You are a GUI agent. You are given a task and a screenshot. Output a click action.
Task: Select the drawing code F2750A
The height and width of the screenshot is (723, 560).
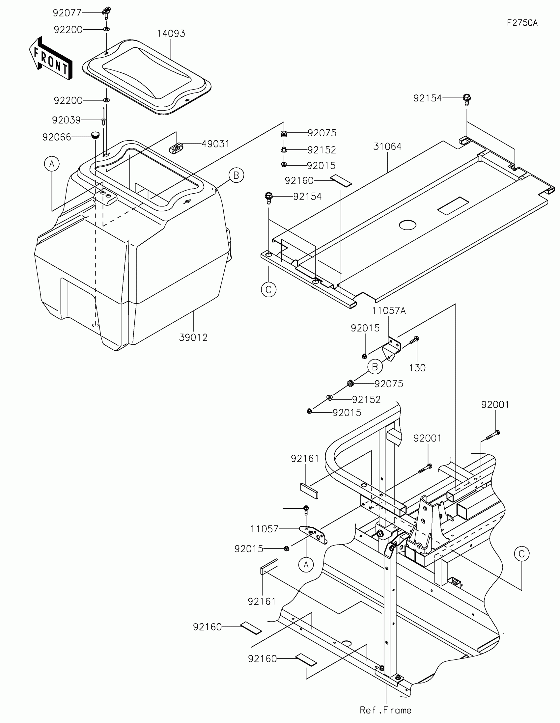pyautogui.click(x=522, y=23)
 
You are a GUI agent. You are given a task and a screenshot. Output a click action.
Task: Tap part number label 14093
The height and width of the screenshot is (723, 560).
pyautogui.click(x=171, y=34)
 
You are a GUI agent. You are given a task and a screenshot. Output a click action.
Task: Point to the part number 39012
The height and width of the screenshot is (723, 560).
pyautogui.click(x=193, y=337)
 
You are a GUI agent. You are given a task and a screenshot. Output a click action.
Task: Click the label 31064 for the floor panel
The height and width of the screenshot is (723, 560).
pyautogui.click(x=387, y=146)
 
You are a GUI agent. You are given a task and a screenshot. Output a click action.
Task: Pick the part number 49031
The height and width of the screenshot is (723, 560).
pyautogui.click(x=215, y=144)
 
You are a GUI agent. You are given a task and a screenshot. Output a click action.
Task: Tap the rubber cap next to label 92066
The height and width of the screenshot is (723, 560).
pyautogui.click(x=96, y=135)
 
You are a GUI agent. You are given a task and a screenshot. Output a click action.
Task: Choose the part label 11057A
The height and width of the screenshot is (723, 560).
pyautogui.click(x=389, y=310)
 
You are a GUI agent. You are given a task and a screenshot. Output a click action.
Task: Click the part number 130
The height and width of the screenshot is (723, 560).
pyautogui.click(x=417, y=368)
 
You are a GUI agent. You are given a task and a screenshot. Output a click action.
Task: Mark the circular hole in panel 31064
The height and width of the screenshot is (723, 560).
pyautogui.click(x=407, y=225)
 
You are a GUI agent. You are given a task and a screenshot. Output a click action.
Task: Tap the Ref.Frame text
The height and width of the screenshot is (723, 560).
pyautogui.click(x=385, y=710)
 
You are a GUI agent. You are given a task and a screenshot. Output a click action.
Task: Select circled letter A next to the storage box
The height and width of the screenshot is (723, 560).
pyautogui.click(x=52, y=164)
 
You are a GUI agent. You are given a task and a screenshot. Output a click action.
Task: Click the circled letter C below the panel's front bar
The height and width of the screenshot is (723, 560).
pyautogui.click(x=268, y=290)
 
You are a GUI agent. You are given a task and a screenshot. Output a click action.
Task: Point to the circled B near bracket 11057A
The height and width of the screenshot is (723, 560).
pyautogui.click(x=375, y=367)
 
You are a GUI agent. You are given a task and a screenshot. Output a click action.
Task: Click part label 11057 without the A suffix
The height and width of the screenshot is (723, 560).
pyautogui.click(x=264, y=529)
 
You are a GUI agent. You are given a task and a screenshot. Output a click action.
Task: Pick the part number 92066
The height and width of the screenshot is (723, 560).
pyautogui.click(x=57, y=137)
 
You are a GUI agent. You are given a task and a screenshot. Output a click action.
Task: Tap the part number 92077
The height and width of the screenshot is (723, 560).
pyautogui.click(x=67, y=13)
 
